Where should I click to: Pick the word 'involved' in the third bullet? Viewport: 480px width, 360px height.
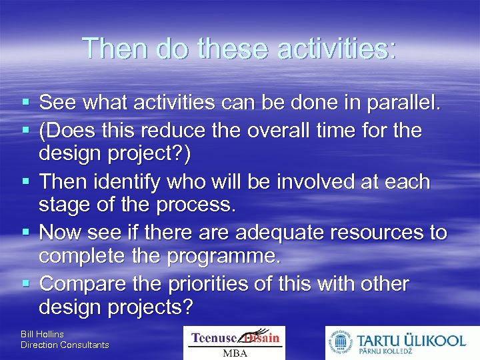coord(308,181)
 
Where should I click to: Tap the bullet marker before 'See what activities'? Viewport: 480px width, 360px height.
coord(25,103)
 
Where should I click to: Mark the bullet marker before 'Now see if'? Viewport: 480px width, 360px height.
coord(25,233)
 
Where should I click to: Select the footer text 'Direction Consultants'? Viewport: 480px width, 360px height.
coord(65,345)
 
